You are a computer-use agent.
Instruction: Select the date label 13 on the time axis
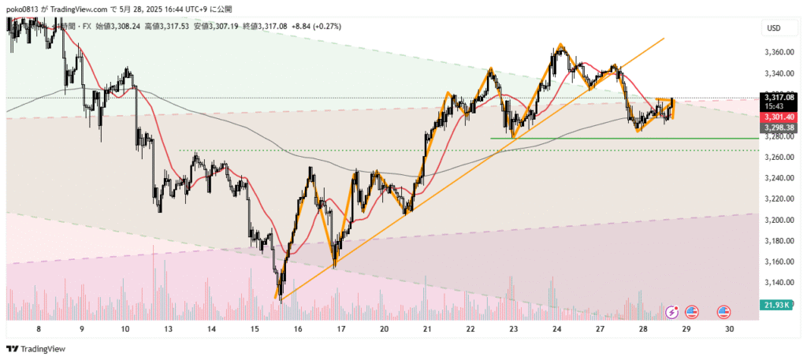pos(167,331)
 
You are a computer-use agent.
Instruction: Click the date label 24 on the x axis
pos(556,331)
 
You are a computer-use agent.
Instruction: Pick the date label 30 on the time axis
pos(730,331)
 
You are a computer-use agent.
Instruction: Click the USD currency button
pos(774,28)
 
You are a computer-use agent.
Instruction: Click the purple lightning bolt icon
pos(674,313)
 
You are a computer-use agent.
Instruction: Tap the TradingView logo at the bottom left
pos(37,348)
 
